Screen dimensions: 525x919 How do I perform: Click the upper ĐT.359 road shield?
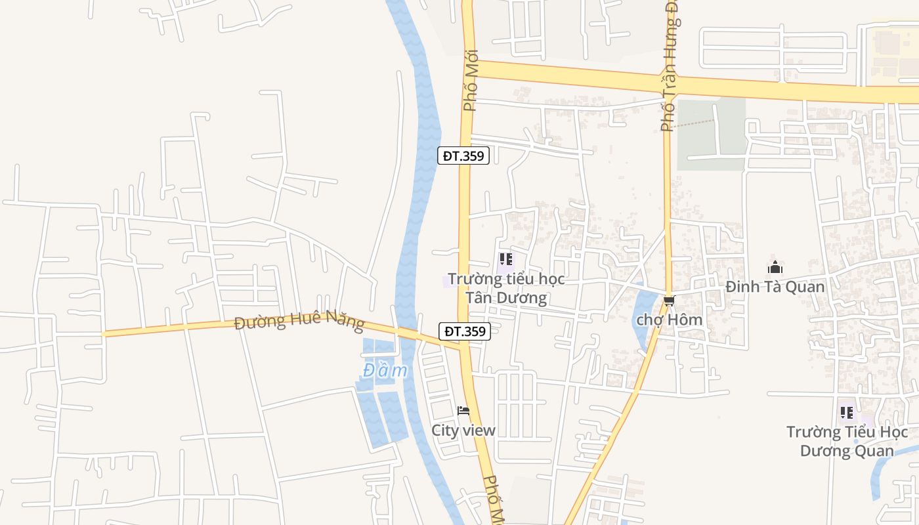[463, 156]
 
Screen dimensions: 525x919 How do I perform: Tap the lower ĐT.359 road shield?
[465, 331]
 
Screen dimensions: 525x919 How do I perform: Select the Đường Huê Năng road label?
[299, 322]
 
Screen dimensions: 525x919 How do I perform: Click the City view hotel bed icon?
[463, 411]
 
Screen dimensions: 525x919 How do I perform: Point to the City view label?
[463, 430]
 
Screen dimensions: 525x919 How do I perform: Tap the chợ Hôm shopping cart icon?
[669, 301]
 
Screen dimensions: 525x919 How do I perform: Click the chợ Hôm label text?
[669, 320]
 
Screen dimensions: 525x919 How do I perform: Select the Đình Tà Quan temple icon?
[775, 267]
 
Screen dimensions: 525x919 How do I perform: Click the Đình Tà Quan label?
[775, 286]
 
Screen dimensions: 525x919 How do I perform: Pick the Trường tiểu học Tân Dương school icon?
[505, 259]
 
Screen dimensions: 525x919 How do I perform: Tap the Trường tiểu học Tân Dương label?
[506, 288]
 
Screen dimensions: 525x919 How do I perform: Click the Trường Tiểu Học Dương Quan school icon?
[847, 413]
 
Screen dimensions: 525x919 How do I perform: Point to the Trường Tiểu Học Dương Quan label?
[847, 441]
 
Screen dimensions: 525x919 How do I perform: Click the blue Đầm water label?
[385, 371]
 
